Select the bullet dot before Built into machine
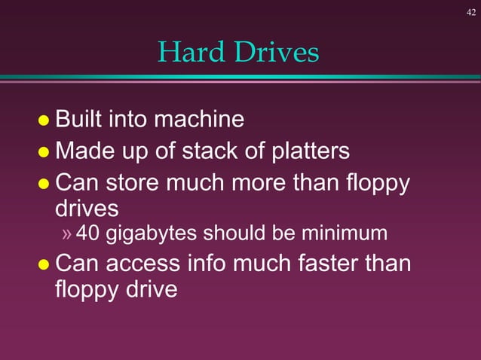click(x=43, y=121)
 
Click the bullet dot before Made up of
click(x=43, y=153)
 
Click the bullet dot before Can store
click(x=43, y=185)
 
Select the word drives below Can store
click(x=87, y=208)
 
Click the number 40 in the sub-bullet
click(x=88, y=233)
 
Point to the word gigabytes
click(x=149, y=234)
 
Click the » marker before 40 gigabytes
click(x=67, y=234)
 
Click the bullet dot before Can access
click(x=43, y=265)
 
